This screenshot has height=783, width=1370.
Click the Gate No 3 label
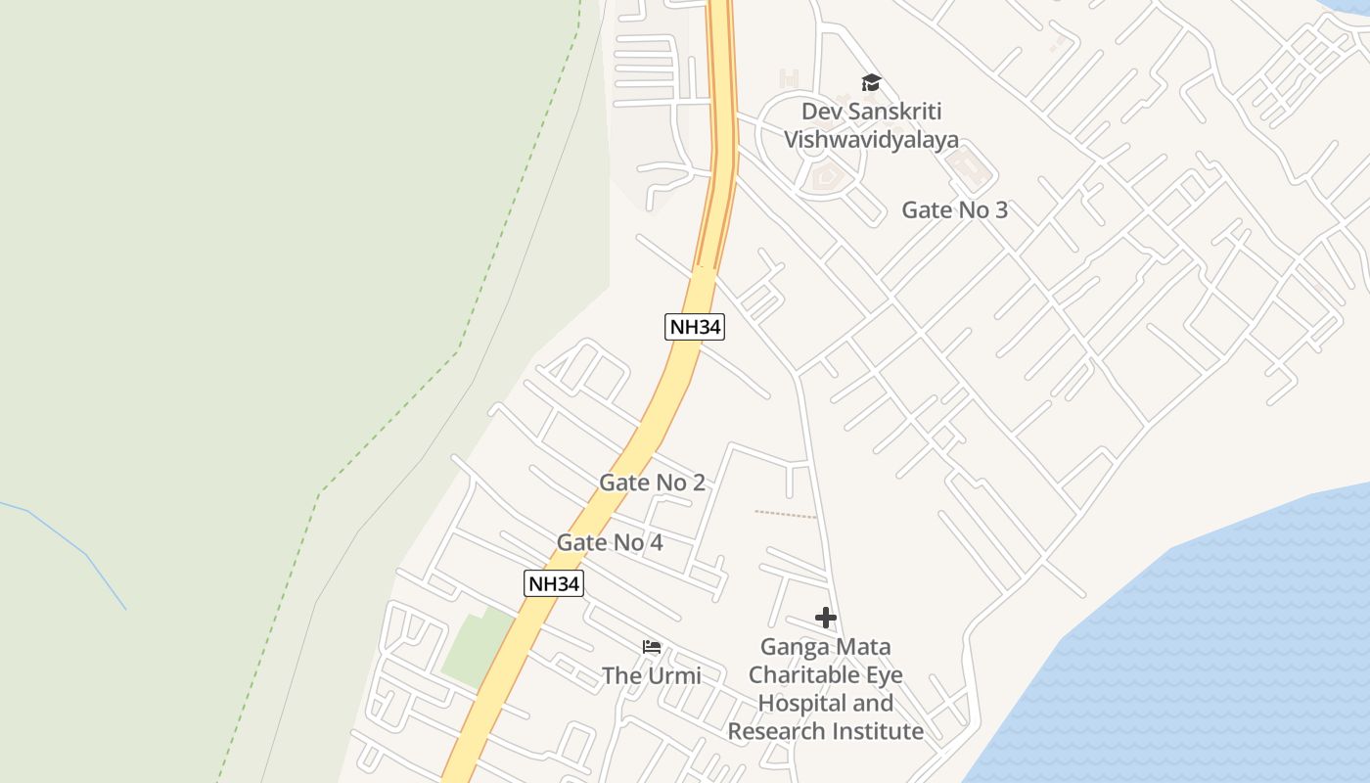click(954, 210)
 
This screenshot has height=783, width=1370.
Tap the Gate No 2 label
click(652, 483)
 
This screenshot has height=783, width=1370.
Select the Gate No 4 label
click(610, 542)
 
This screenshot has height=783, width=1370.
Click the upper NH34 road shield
click(695, 327)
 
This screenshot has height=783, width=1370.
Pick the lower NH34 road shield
click(554, 583)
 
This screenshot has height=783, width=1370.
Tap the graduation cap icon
click(871, 83)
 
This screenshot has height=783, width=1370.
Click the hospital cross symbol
click(826, 618)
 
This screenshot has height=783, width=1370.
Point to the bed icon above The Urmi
click(652, 647)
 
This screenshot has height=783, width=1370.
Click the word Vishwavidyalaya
click(871, 140)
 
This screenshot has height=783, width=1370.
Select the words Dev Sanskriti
click(871, 112)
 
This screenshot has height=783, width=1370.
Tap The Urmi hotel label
click(651, 675)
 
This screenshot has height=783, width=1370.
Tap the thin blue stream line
click(88, 558)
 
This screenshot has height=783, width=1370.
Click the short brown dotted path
click(785, 514)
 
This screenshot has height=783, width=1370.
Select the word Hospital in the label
click(826, 703)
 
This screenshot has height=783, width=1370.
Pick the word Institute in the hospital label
click(877, 731)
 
